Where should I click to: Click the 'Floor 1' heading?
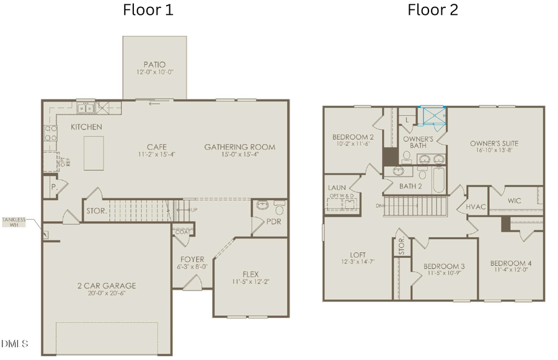click(148, 10)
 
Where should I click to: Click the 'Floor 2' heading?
click(432, 10)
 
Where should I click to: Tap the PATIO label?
click(154, 64)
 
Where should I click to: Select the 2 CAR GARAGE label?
click(107, 286)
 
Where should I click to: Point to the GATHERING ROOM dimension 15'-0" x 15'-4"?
click(239, 155)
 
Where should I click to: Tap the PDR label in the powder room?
click(273, 221)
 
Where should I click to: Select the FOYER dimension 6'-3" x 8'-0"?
click(192, 267)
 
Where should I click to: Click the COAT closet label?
click(182, 232)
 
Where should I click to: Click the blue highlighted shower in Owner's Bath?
click(433, 116)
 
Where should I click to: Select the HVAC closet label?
click(476, 206)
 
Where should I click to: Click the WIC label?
click(514, 201)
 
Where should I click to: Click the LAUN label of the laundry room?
click(337, 187)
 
